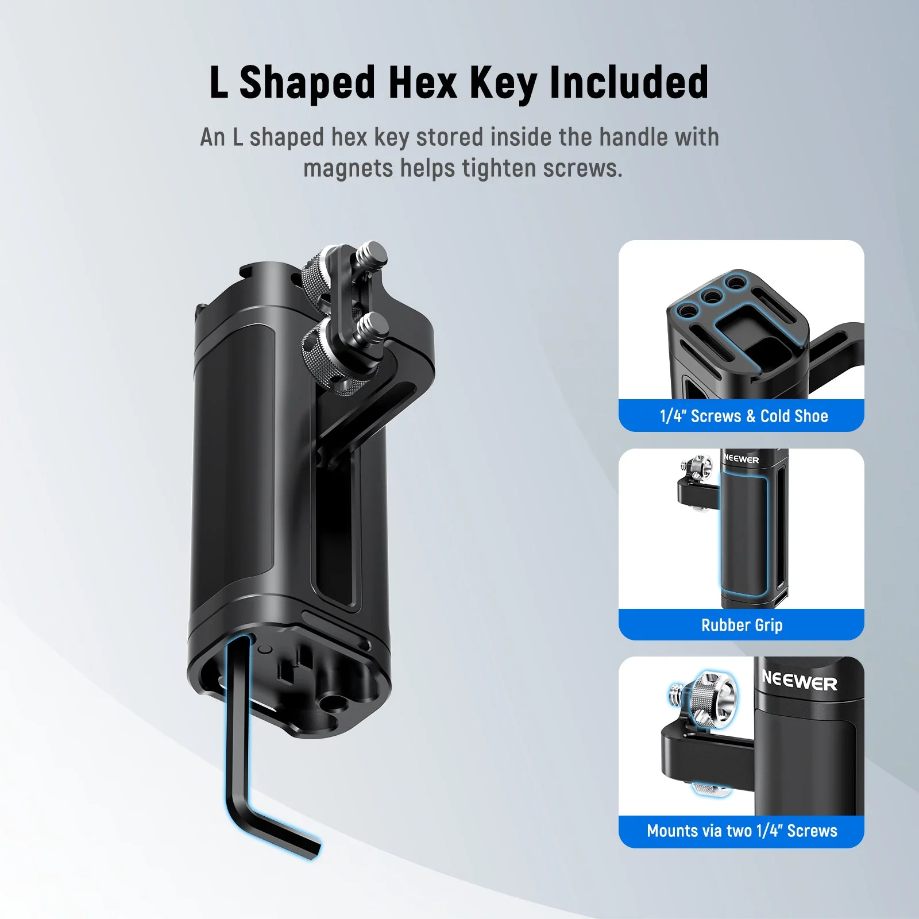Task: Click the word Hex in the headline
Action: (422, 83)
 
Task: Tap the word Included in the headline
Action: (629, 83)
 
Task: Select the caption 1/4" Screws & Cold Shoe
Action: (743, 416)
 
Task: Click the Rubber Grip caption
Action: (742, 625)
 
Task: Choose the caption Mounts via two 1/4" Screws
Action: (742, 831)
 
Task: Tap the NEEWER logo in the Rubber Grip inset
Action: (741, 459)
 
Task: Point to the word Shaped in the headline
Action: (307, 83)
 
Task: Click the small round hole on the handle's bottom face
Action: (265, 650)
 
